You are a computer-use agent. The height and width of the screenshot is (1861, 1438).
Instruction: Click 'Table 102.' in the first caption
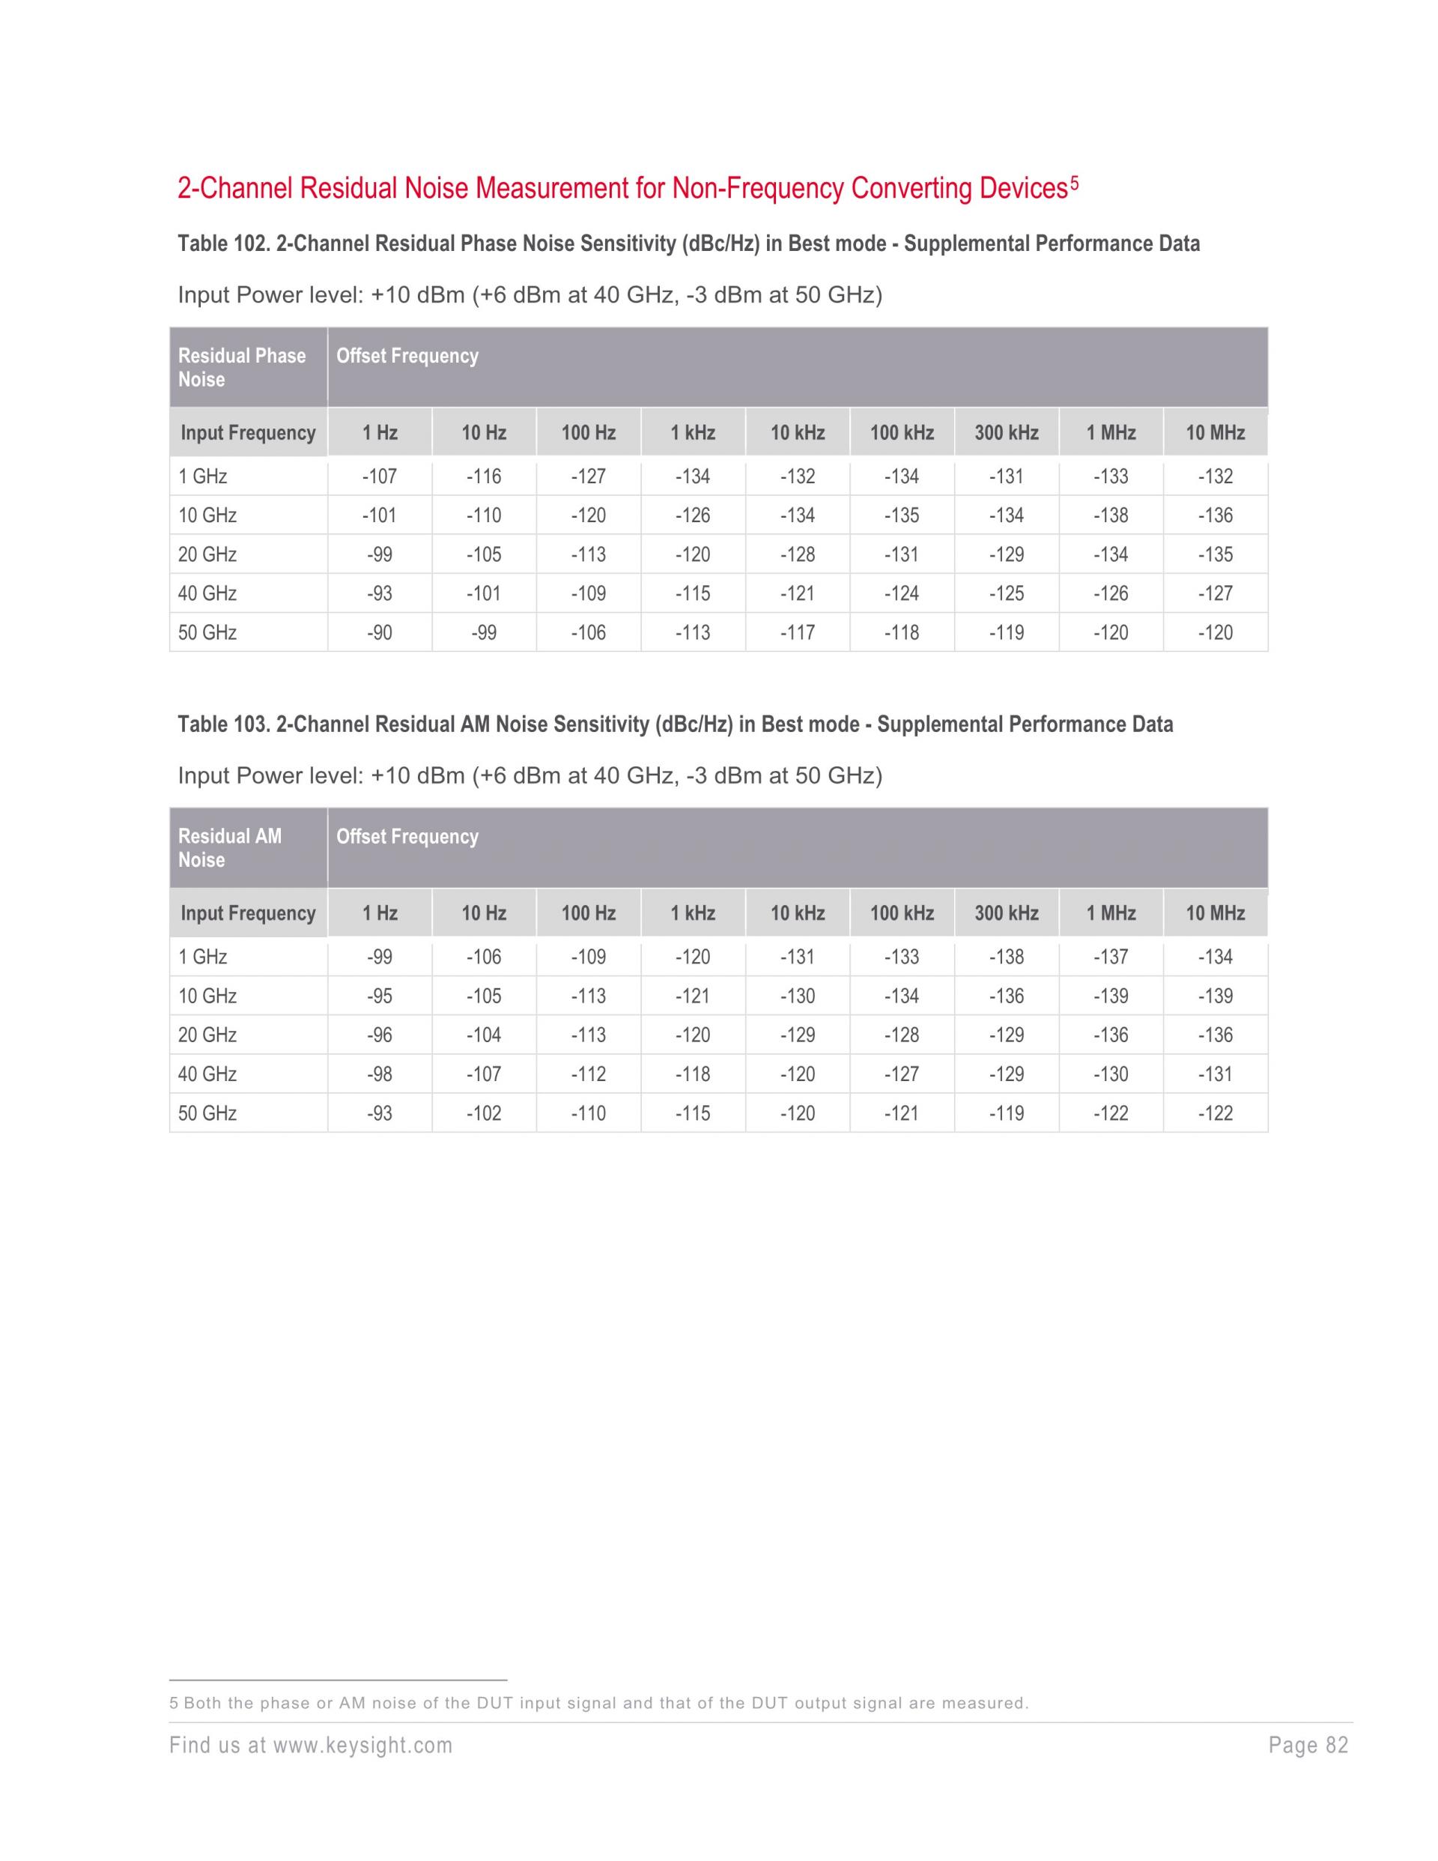223,243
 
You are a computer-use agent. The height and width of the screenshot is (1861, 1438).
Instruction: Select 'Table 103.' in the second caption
223,724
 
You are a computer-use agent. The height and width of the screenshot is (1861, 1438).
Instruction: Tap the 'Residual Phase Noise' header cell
242,367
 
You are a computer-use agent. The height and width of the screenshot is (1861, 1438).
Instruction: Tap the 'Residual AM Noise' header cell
230,848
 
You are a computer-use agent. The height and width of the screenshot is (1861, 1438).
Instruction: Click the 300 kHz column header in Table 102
1006,433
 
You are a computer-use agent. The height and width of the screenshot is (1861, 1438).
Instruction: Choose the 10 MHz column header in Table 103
1215,913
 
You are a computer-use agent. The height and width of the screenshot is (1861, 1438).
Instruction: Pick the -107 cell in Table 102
380,476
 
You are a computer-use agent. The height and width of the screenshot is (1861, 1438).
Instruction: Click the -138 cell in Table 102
1111,515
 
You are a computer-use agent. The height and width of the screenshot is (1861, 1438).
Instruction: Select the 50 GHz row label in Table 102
208,632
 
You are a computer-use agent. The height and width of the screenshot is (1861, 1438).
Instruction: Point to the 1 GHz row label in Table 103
203,957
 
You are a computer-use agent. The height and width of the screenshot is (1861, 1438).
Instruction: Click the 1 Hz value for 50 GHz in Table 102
380,632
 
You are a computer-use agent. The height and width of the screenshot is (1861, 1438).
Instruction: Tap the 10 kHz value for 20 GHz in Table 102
798,554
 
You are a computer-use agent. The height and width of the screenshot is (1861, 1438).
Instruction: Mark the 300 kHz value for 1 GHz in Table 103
1006,957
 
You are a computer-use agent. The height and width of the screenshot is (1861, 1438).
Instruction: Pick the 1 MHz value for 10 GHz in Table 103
1111,996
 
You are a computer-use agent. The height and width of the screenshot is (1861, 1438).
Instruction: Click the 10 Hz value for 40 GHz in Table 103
484,1074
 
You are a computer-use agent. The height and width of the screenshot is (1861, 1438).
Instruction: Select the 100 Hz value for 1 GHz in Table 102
589,476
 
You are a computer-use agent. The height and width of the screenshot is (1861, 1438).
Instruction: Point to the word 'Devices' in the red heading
1023,188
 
